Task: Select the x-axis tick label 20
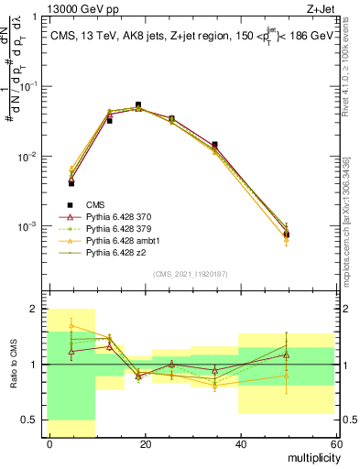tap(145, 444)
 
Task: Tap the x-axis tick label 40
tap(240, 444)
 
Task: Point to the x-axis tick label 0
tap(49, 444)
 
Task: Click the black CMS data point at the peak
tap(138, 105)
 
